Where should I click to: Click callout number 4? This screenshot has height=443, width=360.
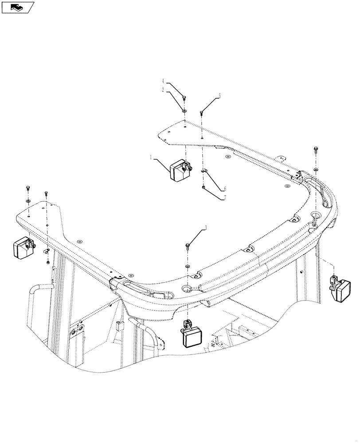(x=163, y=81)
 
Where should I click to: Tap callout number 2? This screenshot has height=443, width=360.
(x=163, y=90)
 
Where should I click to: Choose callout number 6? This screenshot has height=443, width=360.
(x=224, y=189)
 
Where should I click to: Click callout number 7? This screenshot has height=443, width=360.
(x=224, y=198)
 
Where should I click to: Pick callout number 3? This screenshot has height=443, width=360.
(x=206, y=229)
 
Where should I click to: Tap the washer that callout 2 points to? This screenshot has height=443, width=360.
(x=184, y=110)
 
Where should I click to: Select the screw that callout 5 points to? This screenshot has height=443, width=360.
(x=202, y=113)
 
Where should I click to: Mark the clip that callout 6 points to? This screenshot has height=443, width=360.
(x=204, y=171)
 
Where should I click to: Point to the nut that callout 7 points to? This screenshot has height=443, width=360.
(x=203, y=187)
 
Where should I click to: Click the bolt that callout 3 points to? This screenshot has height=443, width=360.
(x=188, y=245)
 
